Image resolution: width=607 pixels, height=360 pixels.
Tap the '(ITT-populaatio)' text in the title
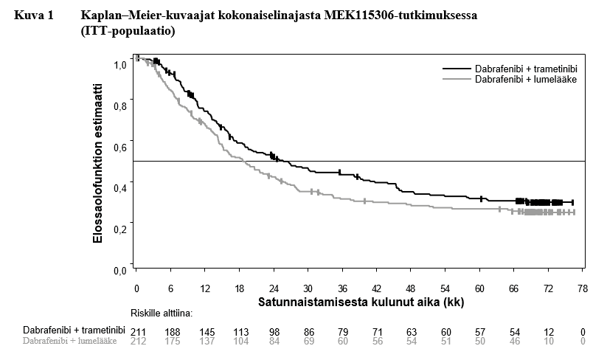tap(128, 32)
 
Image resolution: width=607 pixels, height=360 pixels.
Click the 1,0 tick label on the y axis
tap(119, 66)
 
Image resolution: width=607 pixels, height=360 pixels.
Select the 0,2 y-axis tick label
tap(119, 229)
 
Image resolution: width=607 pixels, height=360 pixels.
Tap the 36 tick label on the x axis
tap(342, 288)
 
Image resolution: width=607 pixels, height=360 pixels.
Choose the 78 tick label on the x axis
tap(582, 288)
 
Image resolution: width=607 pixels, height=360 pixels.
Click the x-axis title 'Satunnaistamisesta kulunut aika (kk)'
tap(361, 302)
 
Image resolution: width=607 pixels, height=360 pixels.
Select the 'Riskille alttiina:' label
tap(162, 313)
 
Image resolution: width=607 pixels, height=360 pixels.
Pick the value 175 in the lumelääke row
tap(173, 341)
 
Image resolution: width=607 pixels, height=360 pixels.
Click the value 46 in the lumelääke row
tap(514, 341)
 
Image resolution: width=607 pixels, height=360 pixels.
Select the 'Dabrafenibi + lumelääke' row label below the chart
tap(70, 341)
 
